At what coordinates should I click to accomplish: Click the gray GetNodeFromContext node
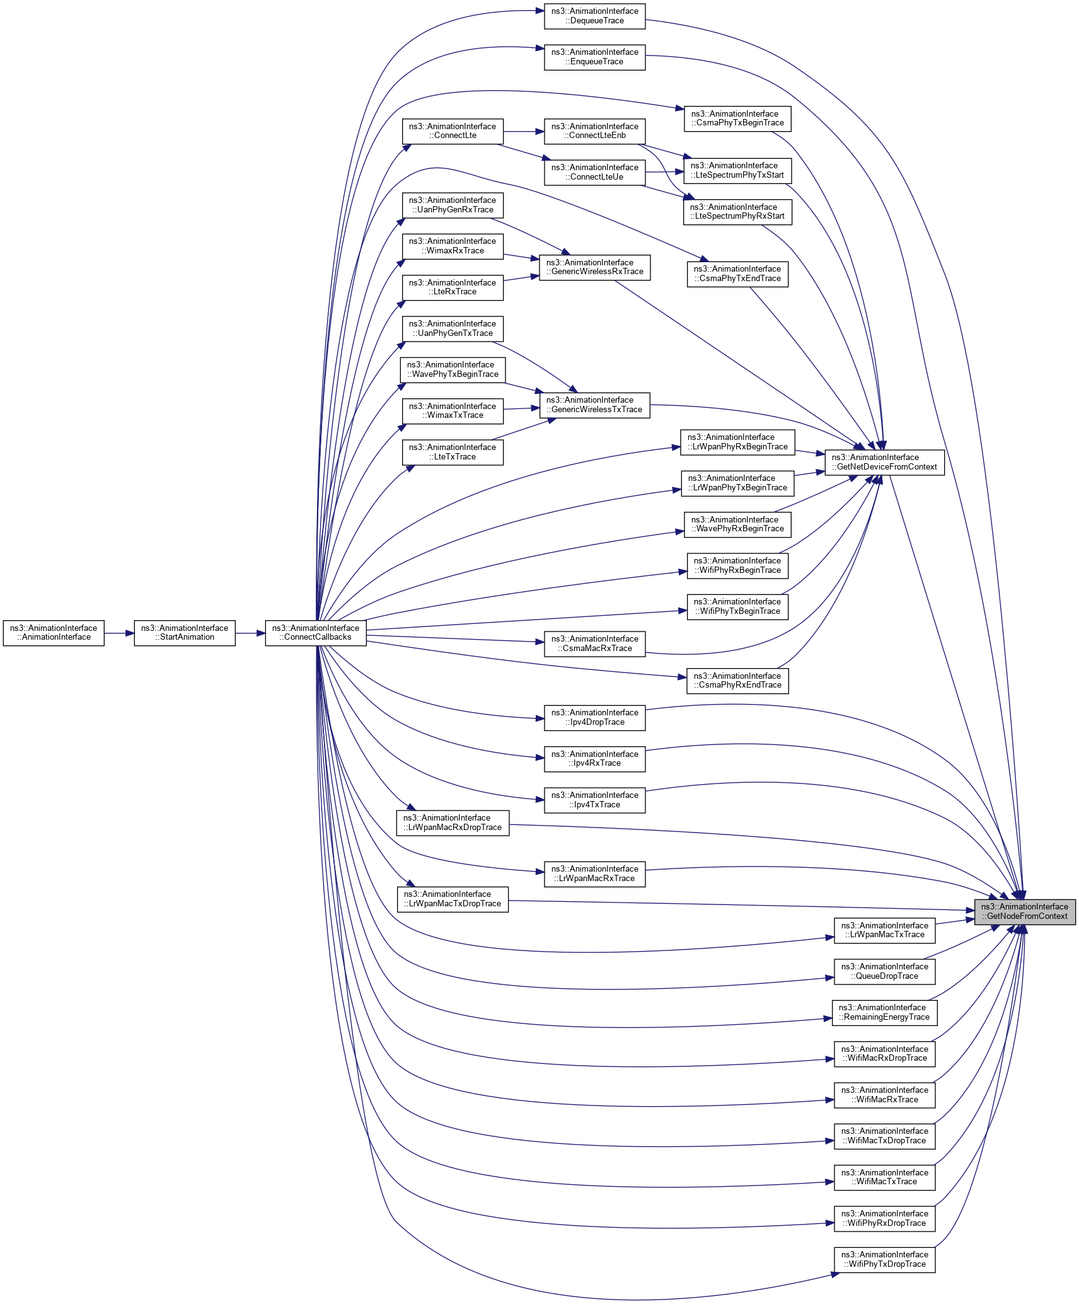click(1024, 911)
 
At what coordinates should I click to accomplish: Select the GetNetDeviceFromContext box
click(884, 462)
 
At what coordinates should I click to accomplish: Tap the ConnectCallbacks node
click(315, 633)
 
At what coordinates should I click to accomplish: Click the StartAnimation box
click(185, 633)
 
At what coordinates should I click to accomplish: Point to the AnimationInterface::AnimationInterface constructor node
click(54, 633)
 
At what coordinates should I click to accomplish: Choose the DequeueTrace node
click(594, 16)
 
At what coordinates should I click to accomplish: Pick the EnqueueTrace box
click(594, 57)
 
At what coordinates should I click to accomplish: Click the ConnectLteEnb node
click(594, 131)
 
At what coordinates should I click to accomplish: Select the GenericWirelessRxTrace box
click(594, 267)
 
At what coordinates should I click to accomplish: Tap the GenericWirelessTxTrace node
click(594, 405)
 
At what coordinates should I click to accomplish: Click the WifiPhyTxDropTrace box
click(884, 1259)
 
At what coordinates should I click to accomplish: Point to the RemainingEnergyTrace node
click(884, 1012)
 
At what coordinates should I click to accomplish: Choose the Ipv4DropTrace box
click(594, 717)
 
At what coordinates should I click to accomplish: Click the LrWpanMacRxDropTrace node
click(453, 822)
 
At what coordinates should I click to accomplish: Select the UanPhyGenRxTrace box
click(453, 205)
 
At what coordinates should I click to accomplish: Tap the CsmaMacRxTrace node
click(594, 643)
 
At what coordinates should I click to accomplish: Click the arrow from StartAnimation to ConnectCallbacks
click(250, 633)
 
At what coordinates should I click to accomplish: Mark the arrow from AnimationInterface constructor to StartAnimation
click(119, 633)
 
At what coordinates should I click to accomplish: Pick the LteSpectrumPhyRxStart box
click(737, 212)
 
